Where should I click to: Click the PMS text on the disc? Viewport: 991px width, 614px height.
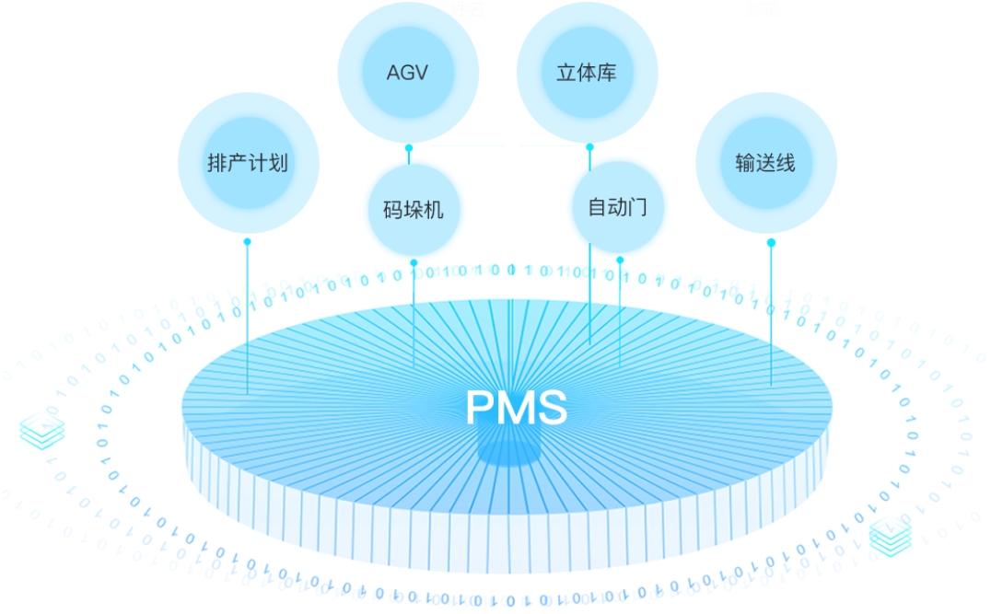516,408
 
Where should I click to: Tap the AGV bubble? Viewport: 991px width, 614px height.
407,72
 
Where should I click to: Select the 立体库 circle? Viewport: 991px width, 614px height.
587,73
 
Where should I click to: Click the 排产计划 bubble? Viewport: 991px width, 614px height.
247,163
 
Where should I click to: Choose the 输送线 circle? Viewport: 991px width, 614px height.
765,163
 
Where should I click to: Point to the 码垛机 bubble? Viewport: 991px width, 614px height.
413,210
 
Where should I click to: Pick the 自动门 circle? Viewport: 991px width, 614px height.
617,206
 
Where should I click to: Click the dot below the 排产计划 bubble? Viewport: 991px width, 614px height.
247,242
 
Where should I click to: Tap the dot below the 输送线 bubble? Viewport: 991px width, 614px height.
771,243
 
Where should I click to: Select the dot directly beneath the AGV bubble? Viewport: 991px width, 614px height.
408,147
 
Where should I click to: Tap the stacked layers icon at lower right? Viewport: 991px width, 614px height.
891,536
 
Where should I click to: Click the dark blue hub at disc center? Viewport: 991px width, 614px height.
506,450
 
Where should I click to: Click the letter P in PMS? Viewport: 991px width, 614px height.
481,408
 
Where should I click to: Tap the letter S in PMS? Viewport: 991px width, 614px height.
553,408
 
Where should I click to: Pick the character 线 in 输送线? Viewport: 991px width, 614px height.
786,164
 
